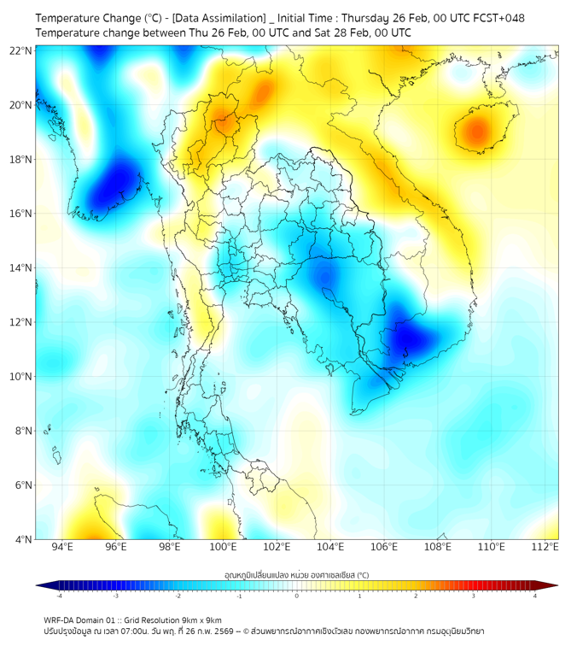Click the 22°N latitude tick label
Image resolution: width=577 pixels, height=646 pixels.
click(x=21, y=50)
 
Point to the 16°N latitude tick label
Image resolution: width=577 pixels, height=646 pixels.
click(x=21, y=214)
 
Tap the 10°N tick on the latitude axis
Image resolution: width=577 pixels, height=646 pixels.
click(x=21, y=377)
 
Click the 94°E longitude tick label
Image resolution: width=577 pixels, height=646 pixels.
click(x=62, y=547)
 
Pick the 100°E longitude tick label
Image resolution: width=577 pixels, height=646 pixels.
click(x=224, y=547)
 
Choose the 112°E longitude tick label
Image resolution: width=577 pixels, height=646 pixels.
click(x=545, y=547)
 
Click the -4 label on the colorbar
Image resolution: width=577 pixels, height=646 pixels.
click(x=60, y=596)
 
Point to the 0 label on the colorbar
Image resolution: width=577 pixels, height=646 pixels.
click(x=297, y=596)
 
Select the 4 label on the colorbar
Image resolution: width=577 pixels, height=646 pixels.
click(x=534, y=596)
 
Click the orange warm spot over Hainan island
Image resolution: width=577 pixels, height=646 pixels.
click(x=476, y=132)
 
